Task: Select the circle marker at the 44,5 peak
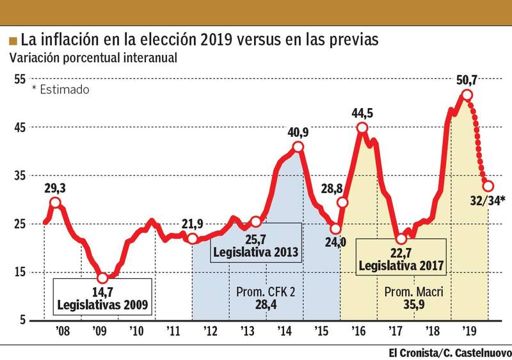tap(362, 128)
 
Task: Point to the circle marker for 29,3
tap(56, 203)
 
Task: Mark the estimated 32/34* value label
tap(487, 201)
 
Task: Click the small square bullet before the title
tap(13, 41)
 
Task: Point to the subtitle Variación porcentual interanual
tap(93, 57)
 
